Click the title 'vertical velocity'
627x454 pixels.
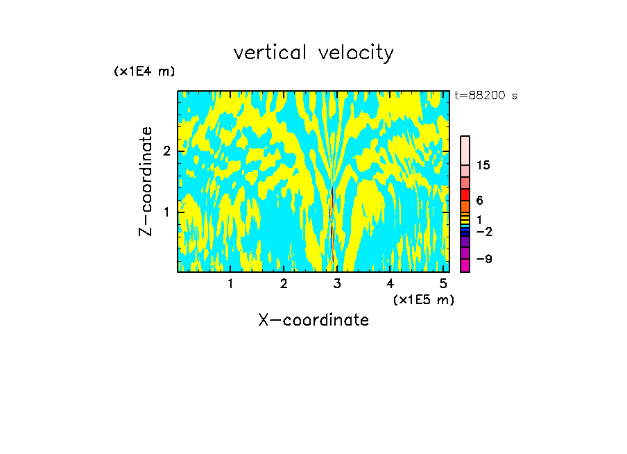(x=313, y=53)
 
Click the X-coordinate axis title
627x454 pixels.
(x=313, y=320)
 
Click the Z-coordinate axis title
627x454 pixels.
(x=146, y=181)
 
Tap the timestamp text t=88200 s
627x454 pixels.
(x=486, y=96)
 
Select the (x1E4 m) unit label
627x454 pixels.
(x=144, y=72)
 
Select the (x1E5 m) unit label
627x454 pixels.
(x=423, y=299)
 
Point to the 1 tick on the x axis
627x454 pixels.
(x=230, y=283)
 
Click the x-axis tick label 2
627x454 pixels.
(x=284, y=283)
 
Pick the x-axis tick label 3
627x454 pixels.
(x=337, y=283)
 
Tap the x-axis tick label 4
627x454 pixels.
(x=390, y=283)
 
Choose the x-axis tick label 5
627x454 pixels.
(x=444, y=283)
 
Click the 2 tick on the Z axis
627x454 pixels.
(x=166, y=151)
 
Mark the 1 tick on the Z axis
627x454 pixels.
(x=166, y=211)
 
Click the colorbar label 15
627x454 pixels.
(x=483, y=165)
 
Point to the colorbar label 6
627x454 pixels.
(x=479, y=200)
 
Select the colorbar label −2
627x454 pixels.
(x=483, y=231)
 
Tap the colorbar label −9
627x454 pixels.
(x=483, y=259)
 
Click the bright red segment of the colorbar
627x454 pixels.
(x=465, y=194)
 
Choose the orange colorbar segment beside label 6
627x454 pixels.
(x=465, y=206)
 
